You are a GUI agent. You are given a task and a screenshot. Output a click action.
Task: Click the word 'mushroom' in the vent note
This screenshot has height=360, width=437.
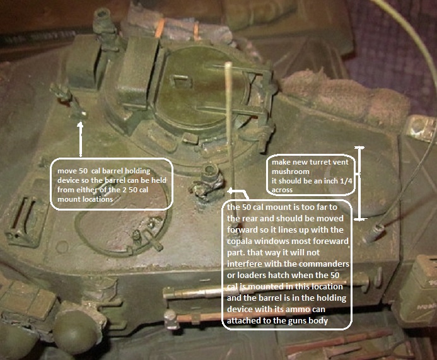(x=291, y=171)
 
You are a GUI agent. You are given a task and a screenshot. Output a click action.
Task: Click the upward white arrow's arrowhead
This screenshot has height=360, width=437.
(x=80, y=125)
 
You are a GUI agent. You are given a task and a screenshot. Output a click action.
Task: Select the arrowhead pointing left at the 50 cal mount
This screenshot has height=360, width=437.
(x=231, y=191)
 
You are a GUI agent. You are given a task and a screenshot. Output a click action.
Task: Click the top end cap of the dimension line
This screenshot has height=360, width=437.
(x=360, y=147)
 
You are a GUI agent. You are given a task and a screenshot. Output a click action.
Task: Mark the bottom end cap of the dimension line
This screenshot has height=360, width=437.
(x=361, y=219)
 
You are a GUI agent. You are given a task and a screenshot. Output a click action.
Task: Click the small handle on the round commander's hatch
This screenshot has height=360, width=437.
(x=180, y=81)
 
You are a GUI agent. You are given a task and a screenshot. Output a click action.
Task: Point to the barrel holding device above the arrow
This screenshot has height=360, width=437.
(x=69, y=101)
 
